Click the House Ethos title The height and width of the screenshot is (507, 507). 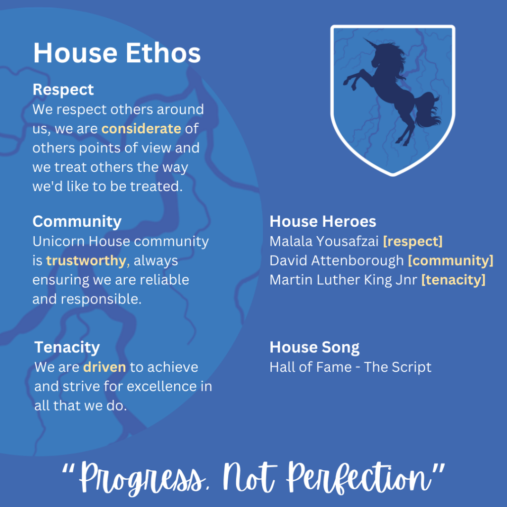point(117,53)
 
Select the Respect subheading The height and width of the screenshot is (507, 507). point(63,90)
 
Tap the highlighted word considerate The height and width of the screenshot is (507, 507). point(141,129)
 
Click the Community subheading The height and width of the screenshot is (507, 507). point(77,222)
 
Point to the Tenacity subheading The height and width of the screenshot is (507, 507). point(67,348)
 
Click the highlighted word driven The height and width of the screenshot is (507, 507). point(104,367)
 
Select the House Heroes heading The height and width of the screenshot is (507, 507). point(323,221)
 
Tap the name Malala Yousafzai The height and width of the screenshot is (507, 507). point(324,242)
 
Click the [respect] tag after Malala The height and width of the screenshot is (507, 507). point(413,242)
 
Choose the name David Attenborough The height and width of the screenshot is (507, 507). point(337,261)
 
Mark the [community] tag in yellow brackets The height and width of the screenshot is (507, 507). point(451,261)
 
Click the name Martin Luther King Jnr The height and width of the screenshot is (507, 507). point(344,280)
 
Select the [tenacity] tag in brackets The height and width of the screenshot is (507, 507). point(454,280)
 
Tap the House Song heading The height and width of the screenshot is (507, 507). point(314,348)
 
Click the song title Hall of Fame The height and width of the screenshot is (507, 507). point(310,367)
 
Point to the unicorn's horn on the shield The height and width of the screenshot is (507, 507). point(370,44)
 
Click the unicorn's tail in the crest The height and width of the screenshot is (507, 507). point(427,110)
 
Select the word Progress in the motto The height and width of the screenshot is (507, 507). point(142,479)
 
